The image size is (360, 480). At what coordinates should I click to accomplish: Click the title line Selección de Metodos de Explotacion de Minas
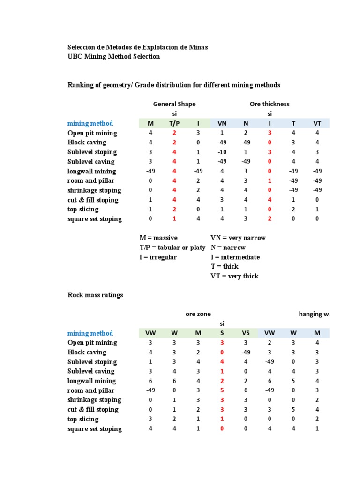[138, 47]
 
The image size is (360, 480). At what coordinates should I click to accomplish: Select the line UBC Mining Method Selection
[114, 57]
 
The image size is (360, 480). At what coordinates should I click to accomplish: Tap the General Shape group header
[174, 104]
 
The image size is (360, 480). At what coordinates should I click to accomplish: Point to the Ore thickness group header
[270, 104]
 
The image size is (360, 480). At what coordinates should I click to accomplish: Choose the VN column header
[222, 124]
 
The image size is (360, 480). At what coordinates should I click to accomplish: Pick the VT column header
[317, 124]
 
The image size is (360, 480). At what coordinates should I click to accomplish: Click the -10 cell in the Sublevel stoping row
[222, 152]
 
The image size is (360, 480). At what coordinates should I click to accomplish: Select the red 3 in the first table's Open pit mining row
[270, 133]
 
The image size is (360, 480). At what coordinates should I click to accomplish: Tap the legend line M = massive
[158, 238]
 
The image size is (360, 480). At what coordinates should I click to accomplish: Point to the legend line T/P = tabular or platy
[172, 247]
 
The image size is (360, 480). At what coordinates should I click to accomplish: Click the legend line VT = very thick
[234, 276]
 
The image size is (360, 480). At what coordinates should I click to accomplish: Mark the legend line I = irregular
[158, 257]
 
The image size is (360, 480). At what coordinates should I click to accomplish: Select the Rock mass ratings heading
[95, 295]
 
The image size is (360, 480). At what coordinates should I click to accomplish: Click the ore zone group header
[198, 314]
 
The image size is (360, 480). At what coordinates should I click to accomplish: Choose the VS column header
[246, 333]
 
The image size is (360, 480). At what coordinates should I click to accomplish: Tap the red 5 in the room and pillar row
[222, 390]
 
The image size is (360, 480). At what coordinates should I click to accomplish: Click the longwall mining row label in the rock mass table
[92, 381]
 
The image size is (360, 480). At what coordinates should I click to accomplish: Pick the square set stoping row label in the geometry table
[95, 219]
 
